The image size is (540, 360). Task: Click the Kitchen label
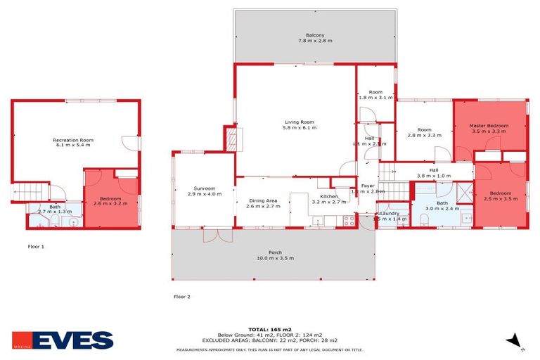click(x=329, y=196)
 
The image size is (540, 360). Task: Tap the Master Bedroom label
click(x=489, y=126)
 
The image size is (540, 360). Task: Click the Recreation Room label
click(x=73, y=141)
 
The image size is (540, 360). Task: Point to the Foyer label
click(x=368, y=186)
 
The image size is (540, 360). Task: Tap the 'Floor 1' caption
click(x=36, y=247)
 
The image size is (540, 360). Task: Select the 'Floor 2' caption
click(x=181, y=297)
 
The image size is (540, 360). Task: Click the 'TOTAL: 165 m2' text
click(x=269, y=329)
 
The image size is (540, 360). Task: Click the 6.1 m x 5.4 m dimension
click(x=73, y=146)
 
